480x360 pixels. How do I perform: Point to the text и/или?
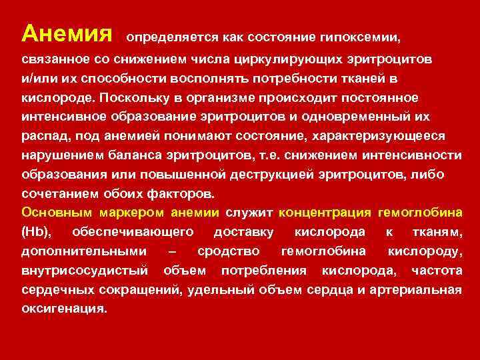click(38, 79)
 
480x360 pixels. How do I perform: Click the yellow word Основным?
click(57, 213)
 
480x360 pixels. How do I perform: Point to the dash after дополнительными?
click(173, 251)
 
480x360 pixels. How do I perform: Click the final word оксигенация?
click(63, 309)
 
